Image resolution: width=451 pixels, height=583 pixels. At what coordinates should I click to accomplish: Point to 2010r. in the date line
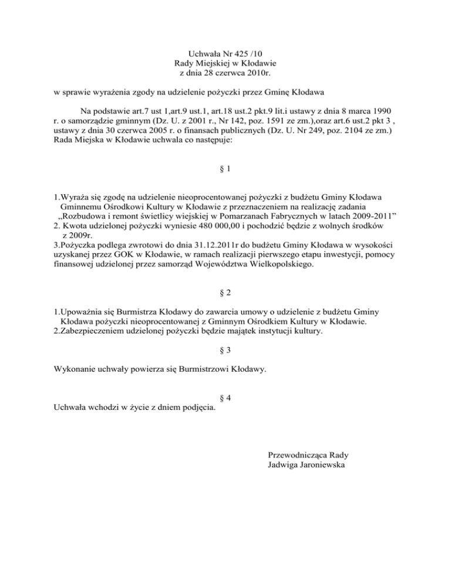click(x=257, y=73)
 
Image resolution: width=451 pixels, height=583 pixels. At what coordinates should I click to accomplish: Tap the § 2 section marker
click(x=225, y=291)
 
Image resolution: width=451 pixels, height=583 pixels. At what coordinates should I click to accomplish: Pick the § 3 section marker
click(x=225, y=350)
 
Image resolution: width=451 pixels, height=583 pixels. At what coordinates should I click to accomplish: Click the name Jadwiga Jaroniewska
click(x=306, y=465)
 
